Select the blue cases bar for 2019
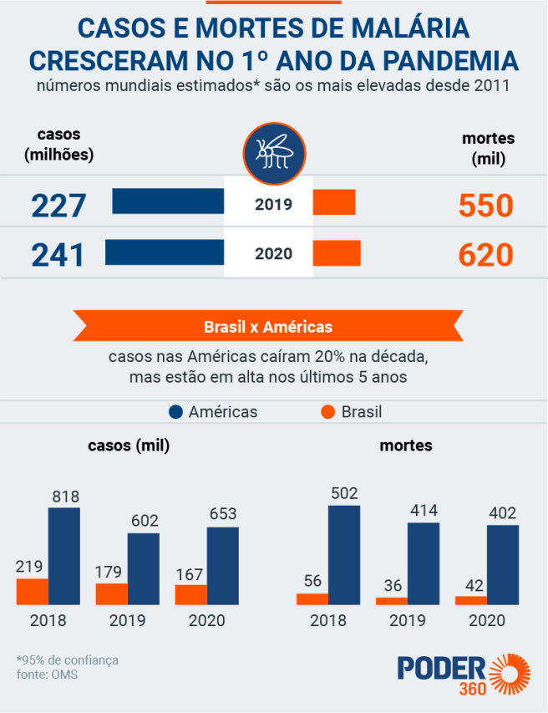[x=168, y=201]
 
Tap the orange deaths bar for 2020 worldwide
[x=337, y=253]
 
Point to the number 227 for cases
[x=58, y=206]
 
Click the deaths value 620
[x=485, y=255]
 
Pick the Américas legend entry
[x=213, y=412]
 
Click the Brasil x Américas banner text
[x=268, y=326]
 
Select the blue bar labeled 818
[x=64, y=556]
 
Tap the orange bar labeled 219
[x=32, y=591]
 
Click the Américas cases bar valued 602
[x=144, y=568]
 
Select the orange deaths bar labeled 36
[x=392, y=600]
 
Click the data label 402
[x=503, y=512]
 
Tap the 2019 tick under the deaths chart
[x=407, y=620]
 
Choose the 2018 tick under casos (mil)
[x=48, y=620]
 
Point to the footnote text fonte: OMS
[x=47, y=675]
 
